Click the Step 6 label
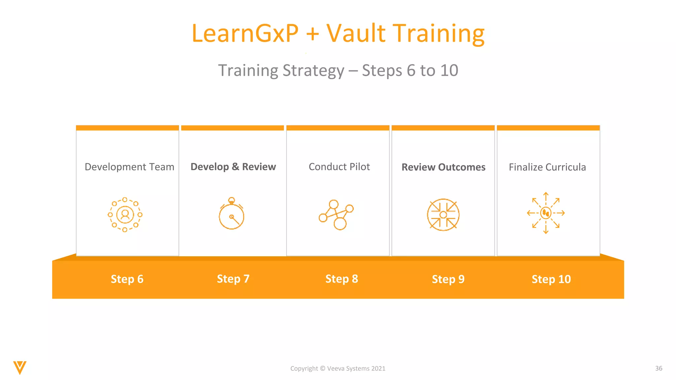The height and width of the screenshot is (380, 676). click(127, 279)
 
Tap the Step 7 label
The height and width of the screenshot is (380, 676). click(233, 279)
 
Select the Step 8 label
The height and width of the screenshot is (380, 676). click(342, 279)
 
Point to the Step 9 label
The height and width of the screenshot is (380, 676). click(448, 279)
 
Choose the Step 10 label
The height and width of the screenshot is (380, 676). click(551, 279)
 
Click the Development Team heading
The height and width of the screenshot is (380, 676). click(129, 167)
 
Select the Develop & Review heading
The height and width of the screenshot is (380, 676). click(233, 167)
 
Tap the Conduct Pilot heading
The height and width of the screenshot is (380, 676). click(339, 167)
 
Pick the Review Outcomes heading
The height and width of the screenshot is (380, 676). click(443, 167)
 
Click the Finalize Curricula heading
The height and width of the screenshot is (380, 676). click(547, 167)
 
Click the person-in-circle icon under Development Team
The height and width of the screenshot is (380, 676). click(125, 215)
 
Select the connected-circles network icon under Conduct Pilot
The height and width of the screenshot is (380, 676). click(336, 215)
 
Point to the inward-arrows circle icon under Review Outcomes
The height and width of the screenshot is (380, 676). click(443, 215)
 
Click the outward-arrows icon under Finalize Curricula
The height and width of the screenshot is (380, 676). click(546, 213)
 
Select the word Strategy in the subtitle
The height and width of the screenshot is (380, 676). click(313, 71)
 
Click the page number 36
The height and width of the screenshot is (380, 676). click(659, 368)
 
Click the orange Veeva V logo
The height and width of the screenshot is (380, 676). click(20, 367)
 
